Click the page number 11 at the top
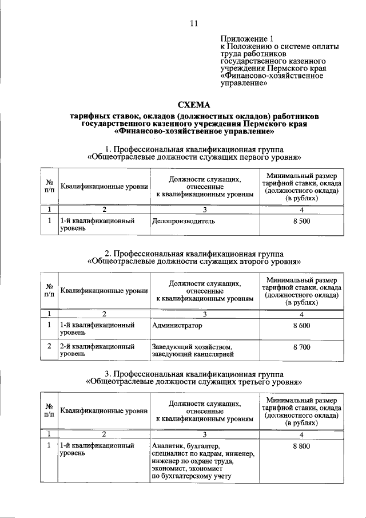point(194,23)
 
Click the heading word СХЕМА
point(194,105)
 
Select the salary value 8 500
point(301,220)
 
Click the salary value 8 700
point(301,347)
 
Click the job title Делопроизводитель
point(185,220)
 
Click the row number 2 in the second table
point(49,347)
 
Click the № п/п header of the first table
point(49,186)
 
